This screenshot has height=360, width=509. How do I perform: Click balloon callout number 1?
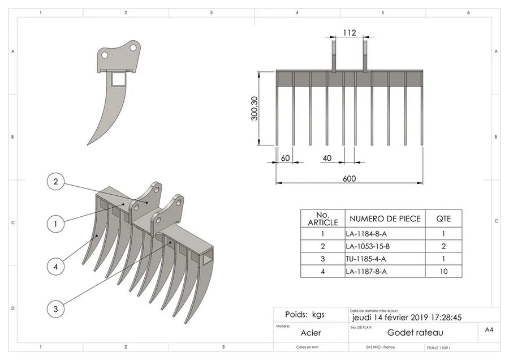[x=55, y=224]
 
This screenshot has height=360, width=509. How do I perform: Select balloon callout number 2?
[x=55, y=182]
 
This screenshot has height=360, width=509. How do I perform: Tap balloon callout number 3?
[x=55, y=309]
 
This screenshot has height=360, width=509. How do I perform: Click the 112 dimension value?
[x=349, y=33]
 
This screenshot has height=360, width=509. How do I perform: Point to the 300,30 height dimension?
[x=255, y=107]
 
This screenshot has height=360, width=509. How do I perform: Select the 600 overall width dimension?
[x=349, y=179]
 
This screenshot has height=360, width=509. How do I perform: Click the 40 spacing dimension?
[x=326, y=158]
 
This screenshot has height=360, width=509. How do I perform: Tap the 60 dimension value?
[x=285, y=158]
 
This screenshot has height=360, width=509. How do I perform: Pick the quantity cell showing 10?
[x=443, y=271]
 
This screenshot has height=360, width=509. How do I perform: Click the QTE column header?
[x=443, y=218]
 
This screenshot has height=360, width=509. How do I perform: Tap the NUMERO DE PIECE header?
[x=385, y=218]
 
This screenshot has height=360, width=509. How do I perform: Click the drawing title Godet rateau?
[x=415, y=333]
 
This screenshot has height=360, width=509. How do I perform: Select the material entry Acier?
[x=310, y=333]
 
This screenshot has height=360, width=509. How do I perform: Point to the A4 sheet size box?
[x=489, y=329]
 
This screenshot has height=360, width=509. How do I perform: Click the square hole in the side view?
[x=118, y=79]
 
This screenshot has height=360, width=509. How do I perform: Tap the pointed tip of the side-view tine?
[x=88, y=144]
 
